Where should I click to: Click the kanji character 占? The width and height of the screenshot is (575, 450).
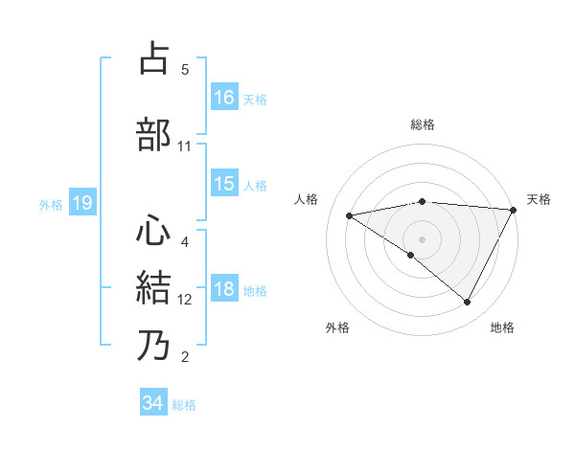tap(155, 59)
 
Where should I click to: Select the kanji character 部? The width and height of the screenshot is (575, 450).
tap(155, 134)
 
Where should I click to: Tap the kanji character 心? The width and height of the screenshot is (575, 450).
tap(155, 231)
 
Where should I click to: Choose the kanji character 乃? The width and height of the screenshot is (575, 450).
tap(155, 345)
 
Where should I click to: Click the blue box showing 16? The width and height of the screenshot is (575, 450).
tap(224, 98)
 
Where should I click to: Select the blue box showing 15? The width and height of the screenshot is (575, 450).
tap(224, 185)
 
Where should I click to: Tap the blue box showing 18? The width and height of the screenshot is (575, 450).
tap(224, 290)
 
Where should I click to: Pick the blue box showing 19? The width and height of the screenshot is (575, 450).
tap(81, 203)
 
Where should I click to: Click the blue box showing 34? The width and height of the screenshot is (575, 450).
tap(152, 403)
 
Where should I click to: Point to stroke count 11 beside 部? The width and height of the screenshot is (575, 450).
tap(184, 146)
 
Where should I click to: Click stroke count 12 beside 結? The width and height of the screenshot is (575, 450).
tap(185, 300)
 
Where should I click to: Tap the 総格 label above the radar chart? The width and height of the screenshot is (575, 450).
tap(422, 124)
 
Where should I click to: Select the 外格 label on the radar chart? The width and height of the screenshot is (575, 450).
tap(337, 327)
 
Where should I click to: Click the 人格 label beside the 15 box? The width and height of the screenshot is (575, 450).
tap(255, 186)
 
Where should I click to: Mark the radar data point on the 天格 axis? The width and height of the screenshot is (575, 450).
tap(514, 210)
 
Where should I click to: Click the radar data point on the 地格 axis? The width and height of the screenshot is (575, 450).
tap(468, 303)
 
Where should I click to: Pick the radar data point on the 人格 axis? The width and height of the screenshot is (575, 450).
tap(350, 215)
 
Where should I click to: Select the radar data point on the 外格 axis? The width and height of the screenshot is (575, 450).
tap(411, 255)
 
